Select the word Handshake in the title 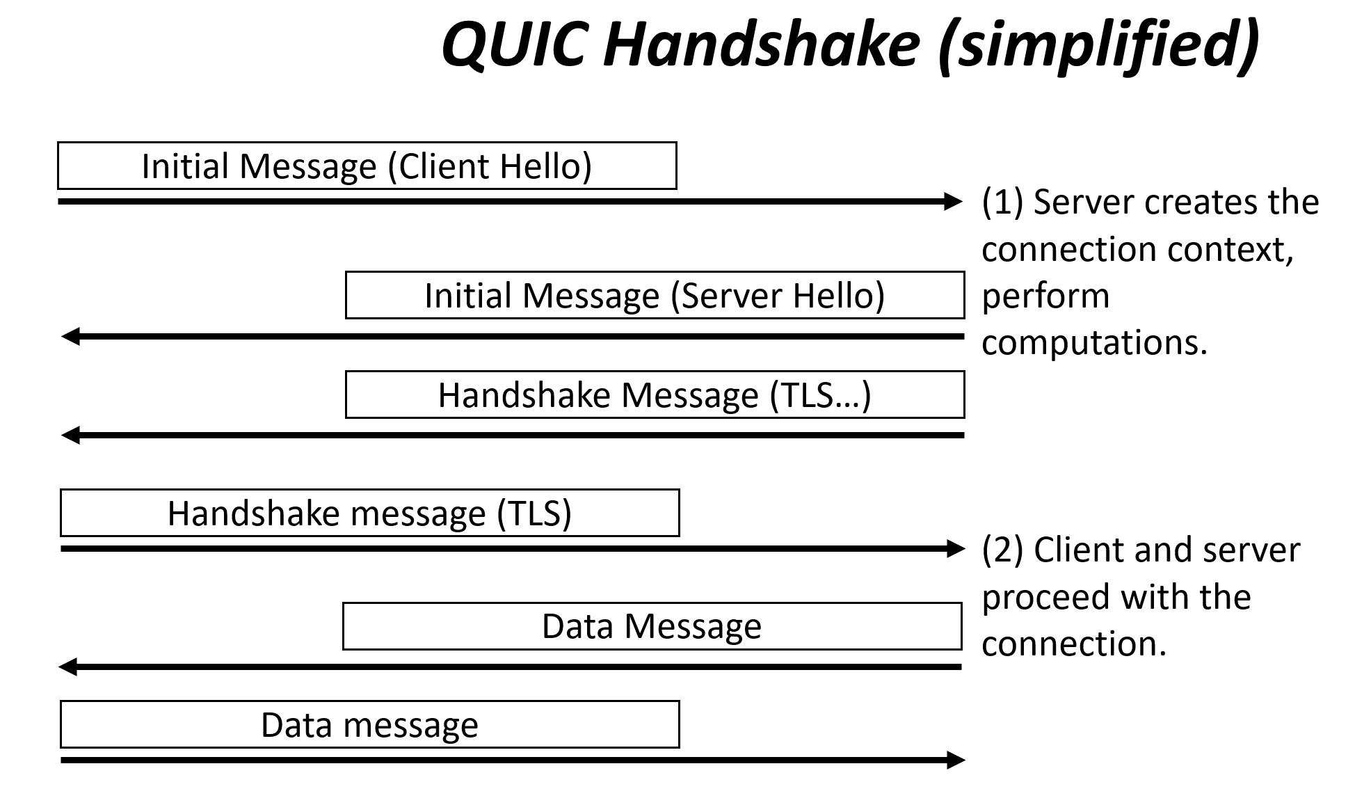(x=762, y=43)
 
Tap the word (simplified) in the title (x=1099, y=46)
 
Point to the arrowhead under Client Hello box (x=954, y=202)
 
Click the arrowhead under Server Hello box (x=71, y=337)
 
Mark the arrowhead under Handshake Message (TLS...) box (x=71, y=436)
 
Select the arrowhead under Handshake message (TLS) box (x=956, y=549)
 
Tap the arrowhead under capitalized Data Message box (x=68, y=667)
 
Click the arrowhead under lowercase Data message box (x=956, y=760)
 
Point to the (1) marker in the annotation (x=1002, y=202)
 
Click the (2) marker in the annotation (x=1002, y=550)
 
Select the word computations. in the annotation (x=1094, y=343)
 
